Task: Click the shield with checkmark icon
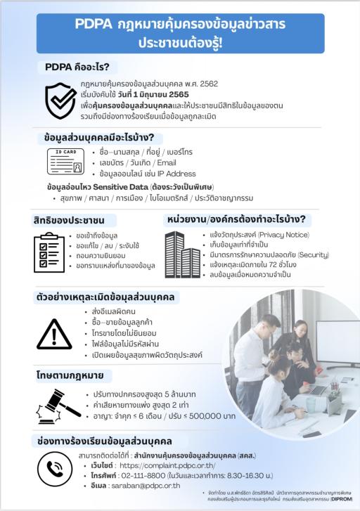[x=61, y=100]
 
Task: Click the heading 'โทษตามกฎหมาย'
[x=72, y=377]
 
